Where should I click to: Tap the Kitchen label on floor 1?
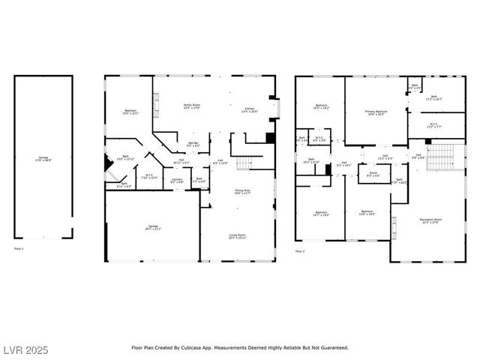tap(249, 110)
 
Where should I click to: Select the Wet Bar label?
tap(193, 143)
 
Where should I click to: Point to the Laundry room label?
tap(177, 180)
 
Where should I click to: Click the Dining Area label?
tap(242, 191)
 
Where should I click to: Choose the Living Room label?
tap(237, 236)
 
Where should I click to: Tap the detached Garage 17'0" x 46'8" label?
tap(42, 158)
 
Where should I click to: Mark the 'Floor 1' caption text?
tap(19, 248)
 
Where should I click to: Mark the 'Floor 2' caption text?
tap(300, 251)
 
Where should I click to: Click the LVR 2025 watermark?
tap(25, 349)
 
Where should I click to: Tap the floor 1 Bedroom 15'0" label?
tap(130, 112)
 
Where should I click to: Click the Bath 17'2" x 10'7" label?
tap(434, 97)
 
